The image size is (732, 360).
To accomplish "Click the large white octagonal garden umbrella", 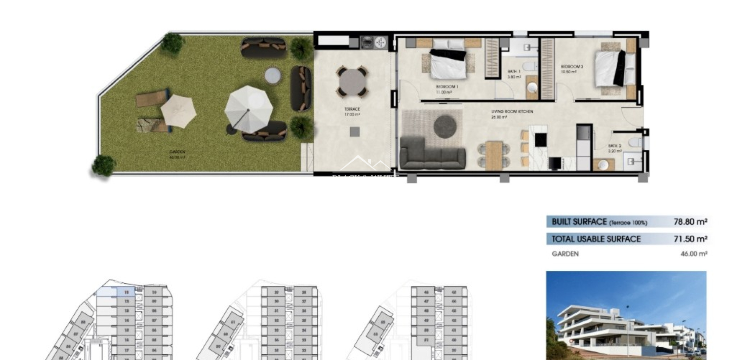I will point(249,108).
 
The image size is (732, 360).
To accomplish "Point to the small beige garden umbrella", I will point(178,111).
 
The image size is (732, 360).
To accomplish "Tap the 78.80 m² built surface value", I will point(690,222).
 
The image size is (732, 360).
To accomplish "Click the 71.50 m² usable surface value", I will point(690,239).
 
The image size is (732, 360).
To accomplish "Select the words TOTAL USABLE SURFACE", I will point(596,239).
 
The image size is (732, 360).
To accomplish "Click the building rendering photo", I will point(626,315).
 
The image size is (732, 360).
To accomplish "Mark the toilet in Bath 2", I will point(635,142).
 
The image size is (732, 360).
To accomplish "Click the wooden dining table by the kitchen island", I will point(494,155).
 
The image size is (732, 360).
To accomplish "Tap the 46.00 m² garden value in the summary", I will point(693,254).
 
